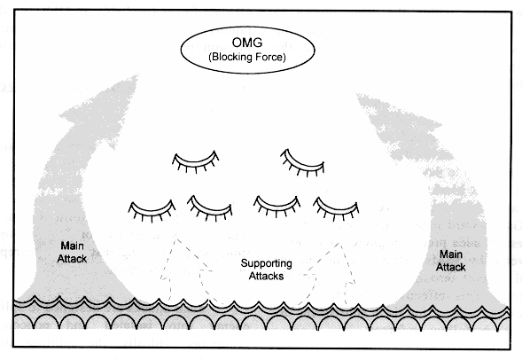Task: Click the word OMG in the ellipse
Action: (x=247, y=43)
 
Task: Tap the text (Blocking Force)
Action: (x=247, y=57)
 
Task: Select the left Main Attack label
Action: (x=72, y=252)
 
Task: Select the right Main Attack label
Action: (x=451, y=261)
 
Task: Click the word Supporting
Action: (x=267, y=263)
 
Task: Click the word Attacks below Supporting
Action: (x=267, y=276)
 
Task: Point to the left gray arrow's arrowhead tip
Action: (x=137, y=76)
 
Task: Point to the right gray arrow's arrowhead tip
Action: (x=357, y=94)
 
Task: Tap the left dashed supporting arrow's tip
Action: (x=176, y=239)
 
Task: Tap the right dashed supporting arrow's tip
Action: (x=339, y=244)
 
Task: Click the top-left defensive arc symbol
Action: (x=195, y=162)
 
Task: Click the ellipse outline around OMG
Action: (x=247, y=27)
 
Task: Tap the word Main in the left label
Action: (x=72, y=247)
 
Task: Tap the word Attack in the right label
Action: (x=451, y=267)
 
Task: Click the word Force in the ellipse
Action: (x=269, y=57)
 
